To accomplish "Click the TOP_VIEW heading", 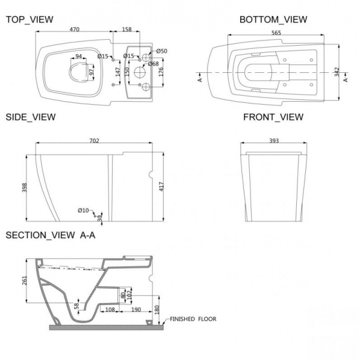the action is click(x=29, y=20).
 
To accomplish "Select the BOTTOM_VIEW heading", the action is click(x=273, y=20).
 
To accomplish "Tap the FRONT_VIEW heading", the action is click(x=273, y=117).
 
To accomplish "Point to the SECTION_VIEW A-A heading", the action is click(x=51, y=235).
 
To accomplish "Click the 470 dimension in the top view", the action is click(x=75, y=29).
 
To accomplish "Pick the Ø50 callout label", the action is click(x=162, y=51).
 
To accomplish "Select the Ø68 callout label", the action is click(x=153, y=64).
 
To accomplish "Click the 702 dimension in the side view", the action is click(x=94, y=140).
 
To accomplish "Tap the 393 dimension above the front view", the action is click(x=274, y=140).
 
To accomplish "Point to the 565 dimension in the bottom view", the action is click(x=276, y=32).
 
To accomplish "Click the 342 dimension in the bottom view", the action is click(x=337, y=72).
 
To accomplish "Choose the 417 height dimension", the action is click(x=161, y=187).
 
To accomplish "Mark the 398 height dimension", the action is click(x=25, y=188).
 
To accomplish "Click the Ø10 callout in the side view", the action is click(x=83, y=211).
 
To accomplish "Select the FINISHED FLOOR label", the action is click(x=193, y=319).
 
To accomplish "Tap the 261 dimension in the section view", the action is click(x=25, y=280).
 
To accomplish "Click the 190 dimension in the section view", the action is click(x=136, y=310).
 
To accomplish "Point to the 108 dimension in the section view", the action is click(x=110, y=310).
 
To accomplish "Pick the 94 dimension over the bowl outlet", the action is click(x=78, y=56).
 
